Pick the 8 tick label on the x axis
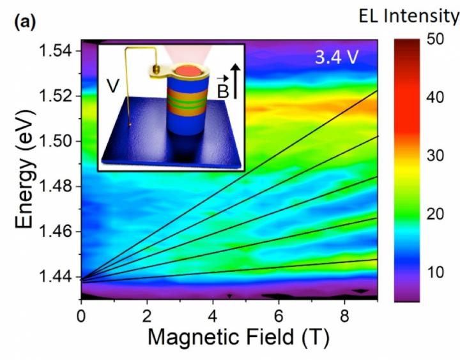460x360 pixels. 345,316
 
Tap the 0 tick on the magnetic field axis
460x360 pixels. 81,316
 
